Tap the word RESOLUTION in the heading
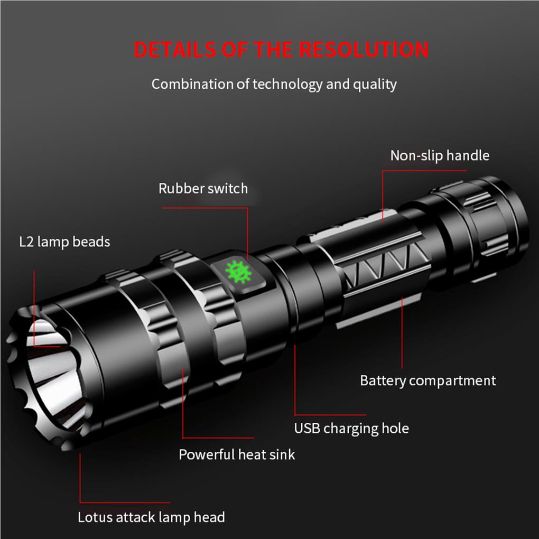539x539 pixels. pyautogui.click(x=364, y=49)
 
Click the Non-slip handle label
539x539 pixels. pyautogui.click(x=440, y=155)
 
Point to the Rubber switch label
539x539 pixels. pyautogui.click(x=203, y=188)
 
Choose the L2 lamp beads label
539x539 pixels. pyautogui.click(x=64, y=242)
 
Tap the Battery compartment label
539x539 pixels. pyautogui.click(x=428, y=380)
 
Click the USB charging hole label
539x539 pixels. pyautogui.click(x=351, y=428)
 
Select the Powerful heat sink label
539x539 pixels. pyautogui.click(x=237, y=454)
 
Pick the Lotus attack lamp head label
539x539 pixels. pyautogui.click(x=151, y=517)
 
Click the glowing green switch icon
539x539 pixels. pyautogui.click(x=238, y=272)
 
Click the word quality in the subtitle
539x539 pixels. pyautogui.click(x=376, y=84)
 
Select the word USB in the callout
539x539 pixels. pyautogui.click(x=307, y=428)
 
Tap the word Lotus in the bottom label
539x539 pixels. pyautogui.click(x=94, y=517)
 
